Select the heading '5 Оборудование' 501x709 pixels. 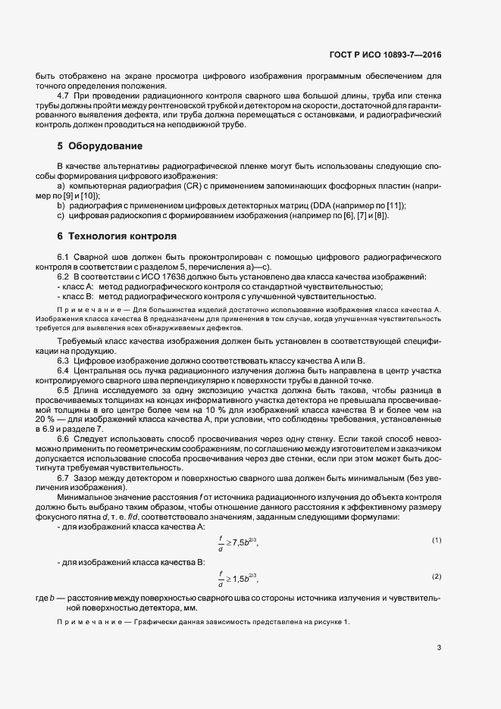pyautogui.click(x=99, y=145)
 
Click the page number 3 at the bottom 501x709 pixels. pyautogui.click(x=439, y=648)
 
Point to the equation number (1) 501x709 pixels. pyautogui.click(x=437, y=539)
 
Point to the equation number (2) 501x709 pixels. pyautogui.click(x=437, y=576)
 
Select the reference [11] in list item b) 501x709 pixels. pyautogui.click(x=395, y=205)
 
